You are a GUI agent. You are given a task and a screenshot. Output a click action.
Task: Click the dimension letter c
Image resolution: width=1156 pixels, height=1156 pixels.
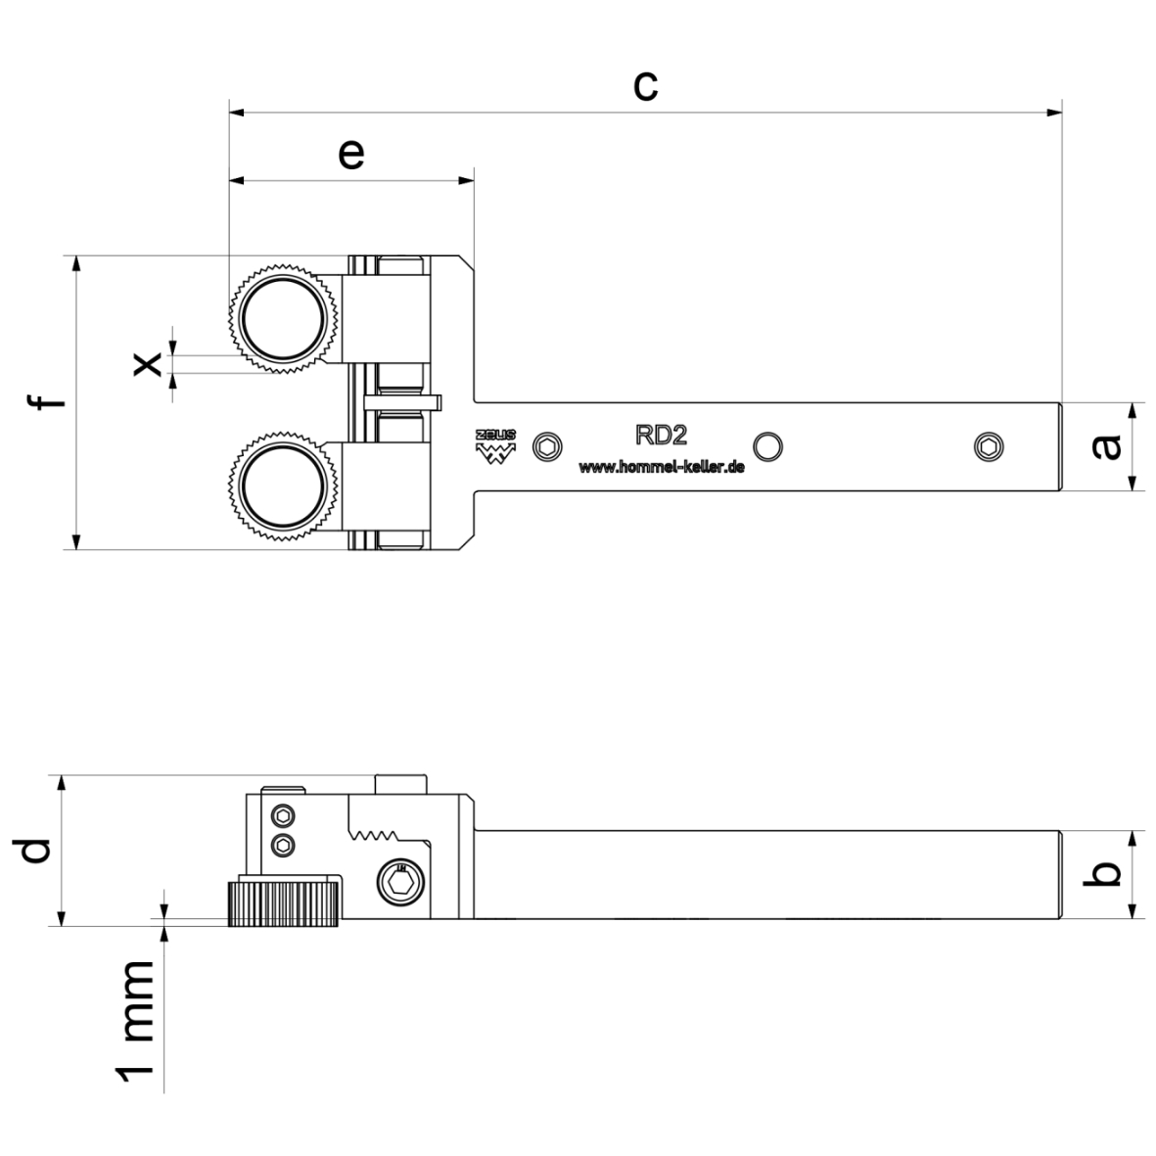coord(644,85)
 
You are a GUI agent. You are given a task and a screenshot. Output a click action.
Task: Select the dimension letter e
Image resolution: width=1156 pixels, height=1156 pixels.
coord(350,154)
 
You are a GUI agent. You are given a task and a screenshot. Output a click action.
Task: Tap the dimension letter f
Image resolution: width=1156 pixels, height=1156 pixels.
coord(47,402)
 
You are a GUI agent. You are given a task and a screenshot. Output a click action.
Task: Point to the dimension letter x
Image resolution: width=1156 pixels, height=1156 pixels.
coord(146,364)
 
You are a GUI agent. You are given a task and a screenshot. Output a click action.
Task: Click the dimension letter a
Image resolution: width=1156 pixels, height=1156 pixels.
coord(1106,447)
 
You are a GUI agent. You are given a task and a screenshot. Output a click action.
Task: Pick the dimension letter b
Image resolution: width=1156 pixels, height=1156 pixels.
coord(1106,874)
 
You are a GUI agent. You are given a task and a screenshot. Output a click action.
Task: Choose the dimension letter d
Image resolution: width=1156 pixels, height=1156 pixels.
coord(35,851)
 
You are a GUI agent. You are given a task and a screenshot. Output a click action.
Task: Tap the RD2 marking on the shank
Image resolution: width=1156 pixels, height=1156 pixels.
coord(661,435)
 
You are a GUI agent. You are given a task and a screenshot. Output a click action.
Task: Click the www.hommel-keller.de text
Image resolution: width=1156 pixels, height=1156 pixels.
coord(662,468)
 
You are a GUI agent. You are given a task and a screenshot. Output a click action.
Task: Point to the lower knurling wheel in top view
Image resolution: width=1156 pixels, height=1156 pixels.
coord(285,486)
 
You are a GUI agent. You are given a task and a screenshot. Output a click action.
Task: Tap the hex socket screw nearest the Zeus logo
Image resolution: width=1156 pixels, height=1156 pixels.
coord(548,447)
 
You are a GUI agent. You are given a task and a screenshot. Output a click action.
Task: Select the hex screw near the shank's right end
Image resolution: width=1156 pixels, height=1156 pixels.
coord(990,447)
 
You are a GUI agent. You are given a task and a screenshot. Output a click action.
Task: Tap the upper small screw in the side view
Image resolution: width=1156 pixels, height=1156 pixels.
coord(283,815)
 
